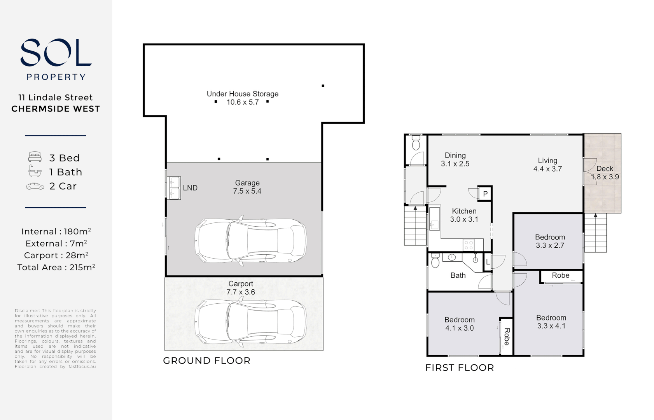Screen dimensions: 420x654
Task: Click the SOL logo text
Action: click(x=56, y=52)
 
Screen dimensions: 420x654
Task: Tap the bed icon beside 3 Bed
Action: click(x=35, y=157)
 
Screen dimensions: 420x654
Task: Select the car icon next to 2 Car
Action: click(x=35, y=186)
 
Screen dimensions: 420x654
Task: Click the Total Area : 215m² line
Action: click(x=56, y=268)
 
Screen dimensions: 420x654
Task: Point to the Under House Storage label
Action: click(x=242, y=94)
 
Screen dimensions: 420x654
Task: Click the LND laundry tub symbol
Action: click(x=174, y=188)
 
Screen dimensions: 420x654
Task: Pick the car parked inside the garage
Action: click(x=250, y=241)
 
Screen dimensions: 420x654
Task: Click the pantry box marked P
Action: click(x=485, y=194)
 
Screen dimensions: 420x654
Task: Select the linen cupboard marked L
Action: click(x=488, y=262)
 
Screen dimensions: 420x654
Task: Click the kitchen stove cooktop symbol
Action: click(x=469, y=245)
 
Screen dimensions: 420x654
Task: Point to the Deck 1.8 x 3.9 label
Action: click(x=605, y=173)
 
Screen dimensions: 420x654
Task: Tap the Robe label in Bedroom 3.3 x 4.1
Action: click(x=560, y=275)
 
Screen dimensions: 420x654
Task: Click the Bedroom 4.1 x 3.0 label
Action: click(x=459, y=324)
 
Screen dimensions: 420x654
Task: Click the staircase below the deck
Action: click(x=595, y=233)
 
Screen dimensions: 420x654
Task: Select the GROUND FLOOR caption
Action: click(x=206, y=360)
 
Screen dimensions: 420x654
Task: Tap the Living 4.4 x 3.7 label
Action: click(x=547, y=164)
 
